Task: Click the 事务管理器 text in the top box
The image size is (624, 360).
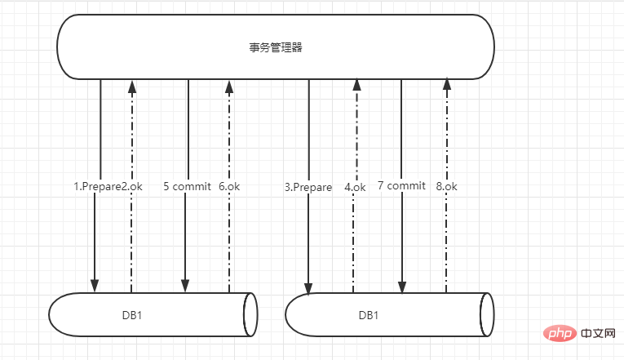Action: (276, 47)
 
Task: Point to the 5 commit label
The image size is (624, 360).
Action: (187, 186)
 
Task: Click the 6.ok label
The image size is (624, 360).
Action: (229, 186)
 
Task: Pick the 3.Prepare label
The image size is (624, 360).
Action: (308, 187)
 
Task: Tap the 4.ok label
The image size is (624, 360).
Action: (355, 187)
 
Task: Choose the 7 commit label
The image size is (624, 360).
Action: (401, 185)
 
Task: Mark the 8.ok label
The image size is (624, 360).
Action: (446, 186)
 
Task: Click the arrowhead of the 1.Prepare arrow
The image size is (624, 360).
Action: (95, 286)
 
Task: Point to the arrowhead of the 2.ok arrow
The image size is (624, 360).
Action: (132, 87)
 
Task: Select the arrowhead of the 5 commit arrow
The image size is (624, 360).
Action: (185, 286)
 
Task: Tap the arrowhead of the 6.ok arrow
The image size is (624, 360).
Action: (229, 87)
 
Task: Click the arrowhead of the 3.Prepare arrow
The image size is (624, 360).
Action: (308, 288)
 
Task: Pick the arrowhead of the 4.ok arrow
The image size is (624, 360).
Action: (357, 85)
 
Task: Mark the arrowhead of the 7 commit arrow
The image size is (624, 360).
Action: (402, 287)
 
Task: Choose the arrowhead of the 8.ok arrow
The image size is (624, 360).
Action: (447, 84)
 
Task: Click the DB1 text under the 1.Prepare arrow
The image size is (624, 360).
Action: (132, 315)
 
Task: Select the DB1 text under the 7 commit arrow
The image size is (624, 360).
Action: (369, 315)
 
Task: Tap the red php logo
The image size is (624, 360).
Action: (560, 333)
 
